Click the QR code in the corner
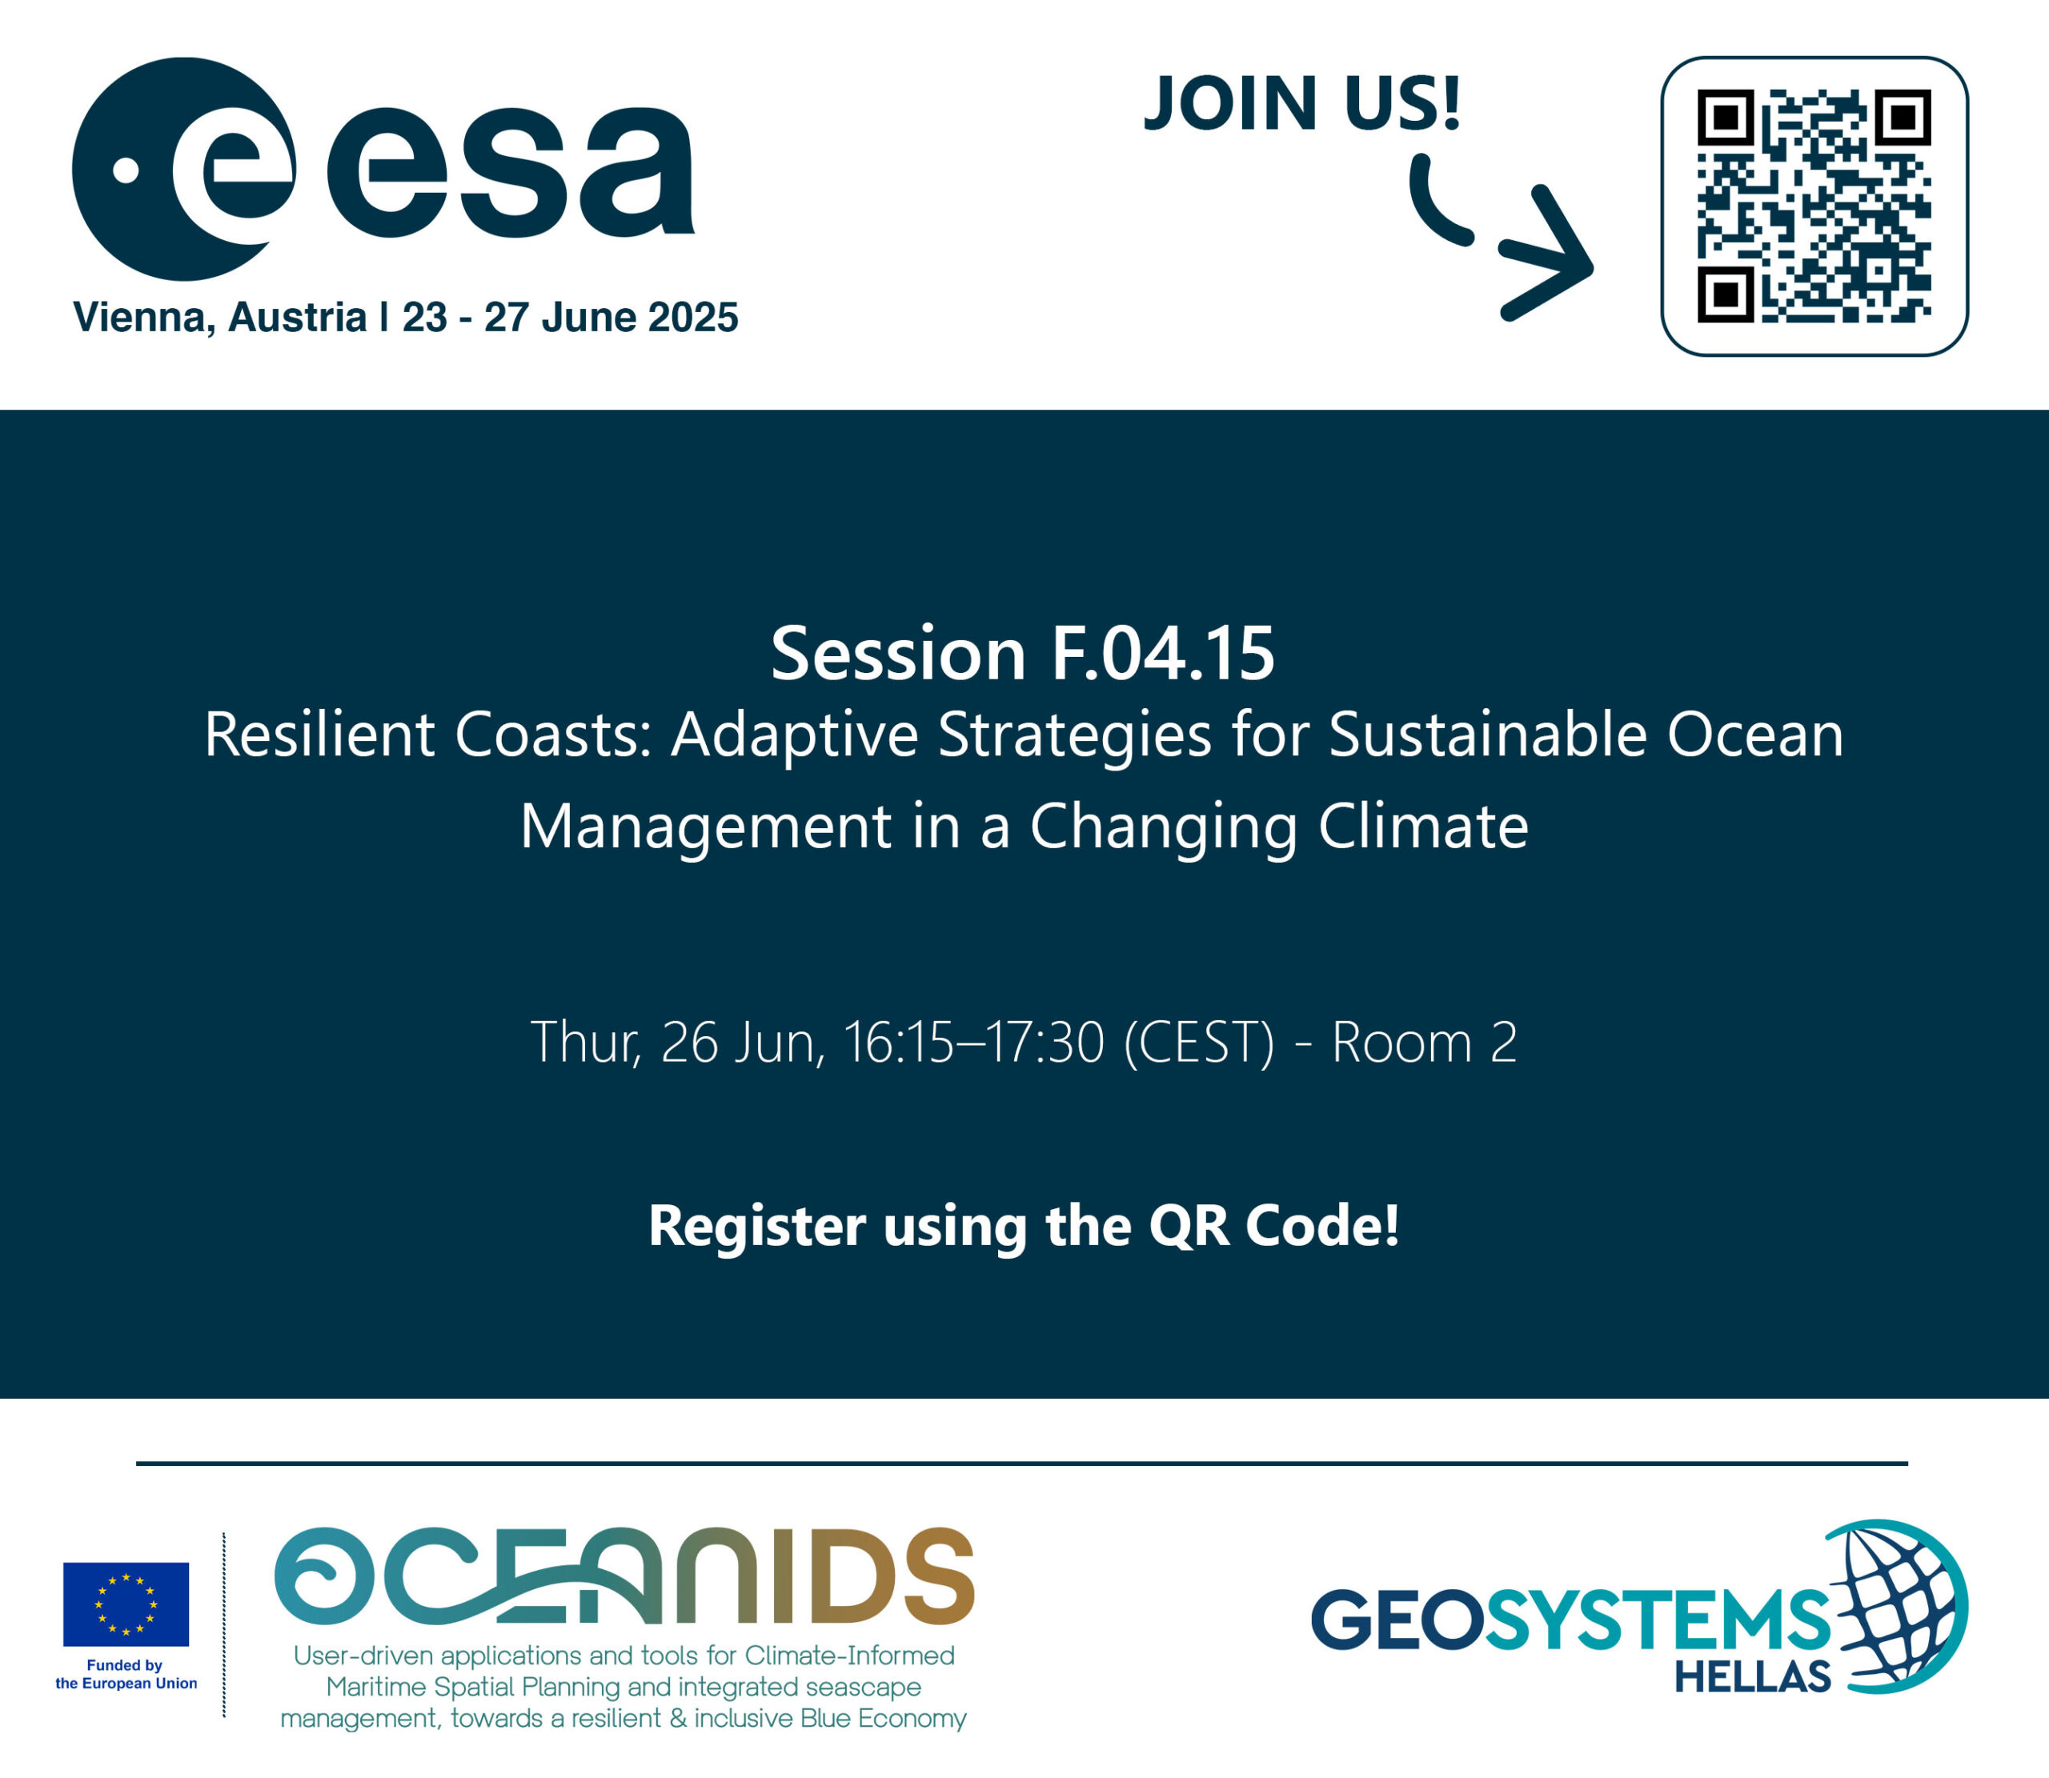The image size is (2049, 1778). (1814, 206)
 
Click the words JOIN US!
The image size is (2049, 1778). (1303, 102)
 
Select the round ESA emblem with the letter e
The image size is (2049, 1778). (183, 169)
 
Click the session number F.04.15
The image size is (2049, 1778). (1162, 654)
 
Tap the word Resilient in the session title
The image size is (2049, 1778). (319, 735)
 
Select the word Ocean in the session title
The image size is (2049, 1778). (1754, 735)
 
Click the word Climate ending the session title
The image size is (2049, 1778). (1423, 826)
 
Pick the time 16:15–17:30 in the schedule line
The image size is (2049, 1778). (973, 1043)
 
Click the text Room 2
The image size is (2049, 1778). (1424, 1043)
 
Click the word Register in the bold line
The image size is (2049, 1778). (757, 1227)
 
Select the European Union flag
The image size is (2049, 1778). (126, 1604)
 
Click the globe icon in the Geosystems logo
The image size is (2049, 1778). (1895, 1605)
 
